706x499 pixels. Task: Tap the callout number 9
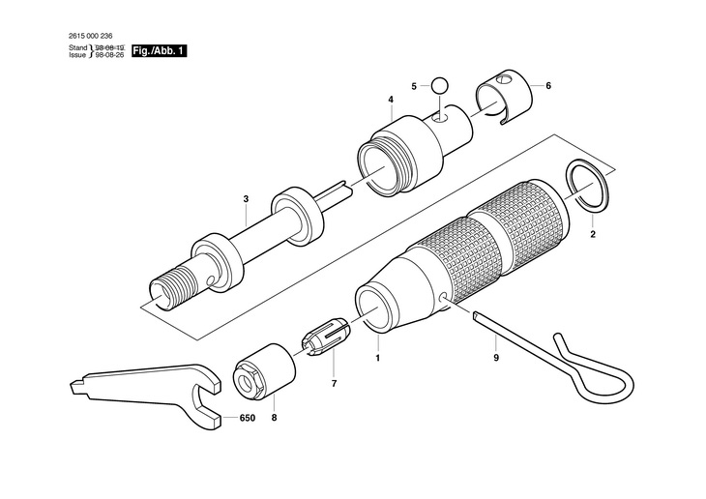tap(495, 358)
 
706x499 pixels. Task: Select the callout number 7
tap(334, 384)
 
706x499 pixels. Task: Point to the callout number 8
tap(273, 419)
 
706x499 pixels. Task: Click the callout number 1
tap(378, 358)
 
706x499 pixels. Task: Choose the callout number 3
tap(246, 199)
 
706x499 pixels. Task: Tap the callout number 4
tap(391, 99)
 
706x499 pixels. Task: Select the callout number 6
tap(548, 86)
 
